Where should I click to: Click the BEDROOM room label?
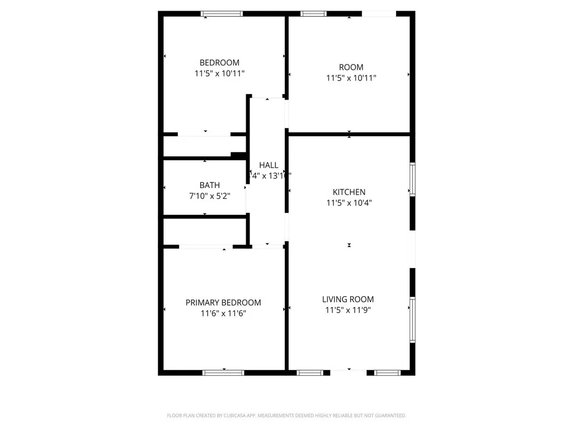pos(219,63)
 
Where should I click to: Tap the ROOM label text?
pos(351,68)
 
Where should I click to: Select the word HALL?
pos(269,165)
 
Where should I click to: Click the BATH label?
pos(209,185)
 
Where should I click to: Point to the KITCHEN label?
pos(349,192)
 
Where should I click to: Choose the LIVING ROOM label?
pos(347,300)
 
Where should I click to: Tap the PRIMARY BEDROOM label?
pos(223,302)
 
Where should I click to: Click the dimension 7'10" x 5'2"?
pos(209,196)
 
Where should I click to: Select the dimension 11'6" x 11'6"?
pos(223,314)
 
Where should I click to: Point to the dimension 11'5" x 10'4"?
pos(349,203)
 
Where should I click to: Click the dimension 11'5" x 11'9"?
pos(347,310)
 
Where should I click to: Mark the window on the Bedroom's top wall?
pos(222,13)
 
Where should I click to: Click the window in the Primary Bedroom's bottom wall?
pos(223,372)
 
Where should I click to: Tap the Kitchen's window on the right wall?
pos(412,179)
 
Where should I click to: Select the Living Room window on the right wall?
pos(412,320)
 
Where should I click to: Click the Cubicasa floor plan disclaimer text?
pos(286,415)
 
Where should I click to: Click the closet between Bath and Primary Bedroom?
pos(205,231)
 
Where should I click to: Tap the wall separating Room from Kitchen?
pos(349,134)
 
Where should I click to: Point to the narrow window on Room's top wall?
pos(314,13)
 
